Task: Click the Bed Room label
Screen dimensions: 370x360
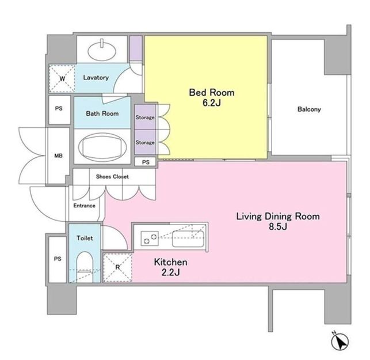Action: click(212, 92)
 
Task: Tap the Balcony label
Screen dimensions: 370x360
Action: click(309, 109)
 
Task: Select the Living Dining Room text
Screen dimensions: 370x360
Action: click(278, 217)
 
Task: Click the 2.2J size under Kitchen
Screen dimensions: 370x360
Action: click(170, 272)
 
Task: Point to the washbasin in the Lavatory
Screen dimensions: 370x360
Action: click(102, 50)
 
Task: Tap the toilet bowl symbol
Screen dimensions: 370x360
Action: click(85, 267)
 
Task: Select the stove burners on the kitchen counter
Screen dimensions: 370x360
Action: click(150, 238)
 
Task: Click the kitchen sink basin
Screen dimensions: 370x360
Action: click(188, 239)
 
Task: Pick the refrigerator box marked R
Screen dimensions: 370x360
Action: click(117, 267)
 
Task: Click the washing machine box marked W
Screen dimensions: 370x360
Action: click(62, 78)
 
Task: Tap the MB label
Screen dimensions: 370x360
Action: click(59, 156)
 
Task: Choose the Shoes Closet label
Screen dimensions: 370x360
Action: click(112, 177)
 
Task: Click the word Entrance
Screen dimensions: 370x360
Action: click(84, 206)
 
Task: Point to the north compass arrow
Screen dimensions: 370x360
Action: click(340, 342)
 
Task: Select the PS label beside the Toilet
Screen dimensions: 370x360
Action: click(58, 259)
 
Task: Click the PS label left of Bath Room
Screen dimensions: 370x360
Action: click(59, 108)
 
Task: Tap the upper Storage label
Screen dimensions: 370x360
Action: click(145, 118)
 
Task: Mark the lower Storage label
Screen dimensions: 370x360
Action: click(145, 142)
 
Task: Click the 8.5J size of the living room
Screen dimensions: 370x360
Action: click(278, 227)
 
